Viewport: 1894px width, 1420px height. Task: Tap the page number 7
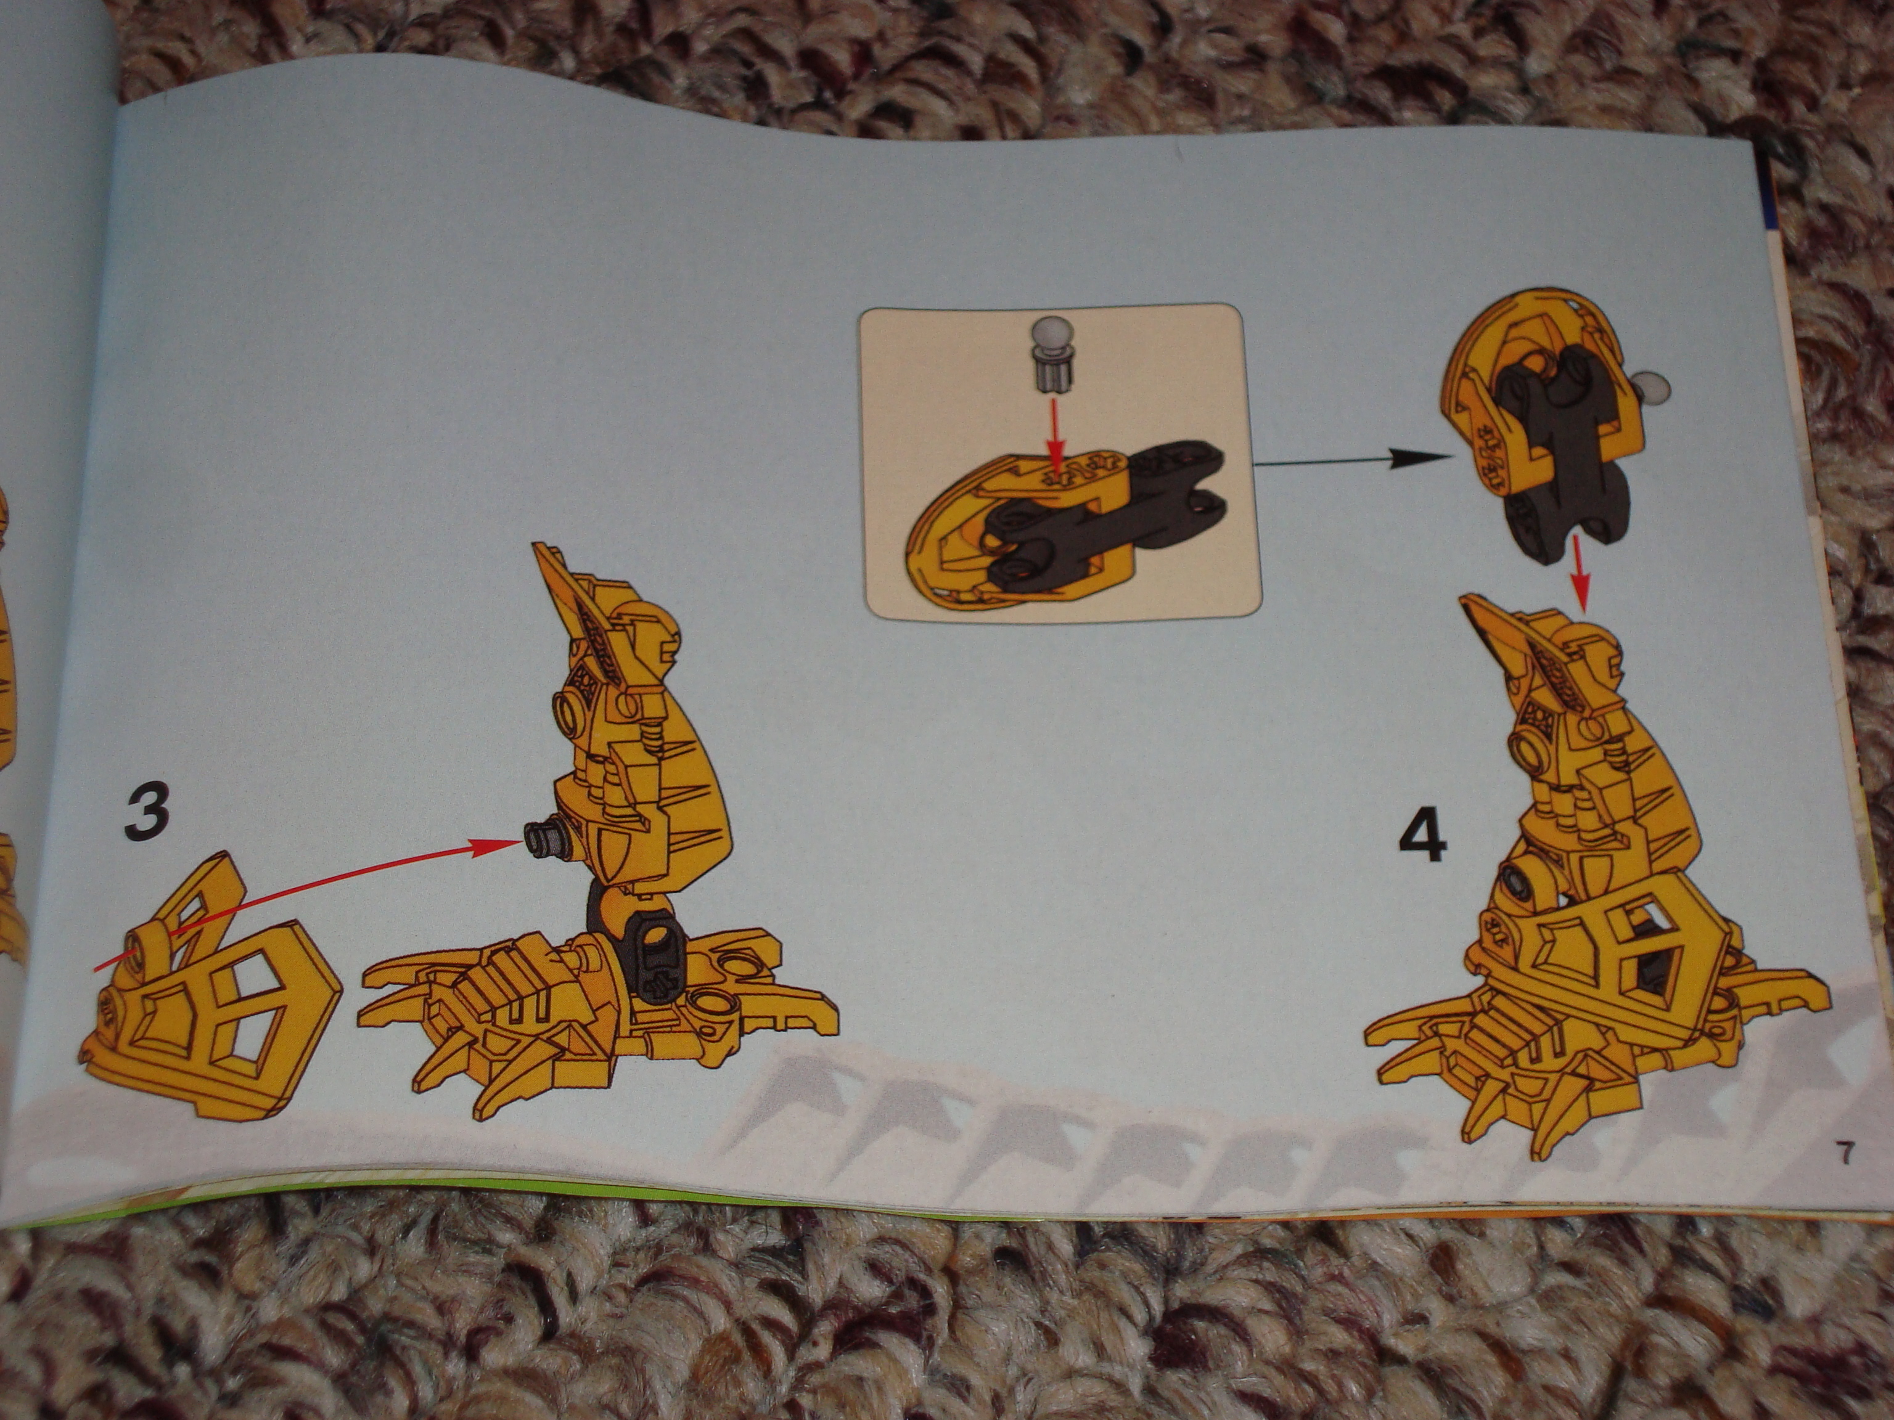point(1843,1154)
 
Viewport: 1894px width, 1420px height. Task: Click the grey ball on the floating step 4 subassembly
point(1654,387)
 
